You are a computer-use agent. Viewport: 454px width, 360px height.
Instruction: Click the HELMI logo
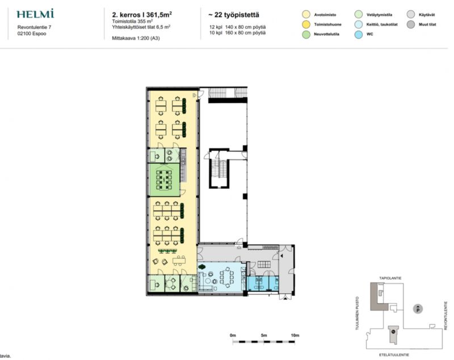(35, 14)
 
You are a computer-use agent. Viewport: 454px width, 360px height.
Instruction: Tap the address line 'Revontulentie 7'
(34, 27)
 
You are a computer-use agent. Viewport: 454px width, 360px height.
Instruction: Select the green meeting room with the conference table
(165, 179)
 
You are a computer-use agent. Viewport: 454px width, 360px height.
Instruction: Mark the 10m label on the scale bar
(295, 336)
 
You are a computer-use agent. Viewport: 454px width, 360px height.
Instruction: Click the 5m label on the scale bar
(264, 336)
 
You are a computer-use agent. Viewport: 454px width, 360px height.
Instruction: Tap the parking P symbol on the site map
(418, 309)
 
